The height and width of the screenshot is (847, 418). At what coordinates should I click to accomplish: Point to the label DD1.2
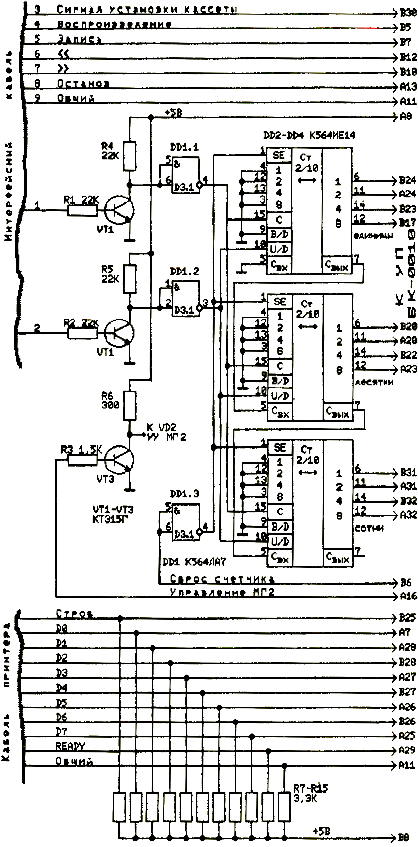184,272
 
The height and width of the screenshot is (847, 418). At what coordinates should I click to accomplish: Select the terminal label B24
408,180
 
